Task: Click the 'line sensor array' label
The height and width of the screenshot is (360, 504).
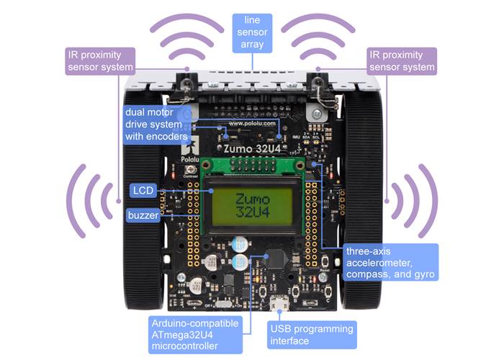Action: [252, 34]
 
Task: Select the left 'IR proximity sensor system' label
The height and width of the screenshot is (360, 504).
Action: [101, 60]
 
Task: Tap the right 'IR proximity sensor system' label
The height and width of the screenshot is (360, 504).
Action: [402, 60]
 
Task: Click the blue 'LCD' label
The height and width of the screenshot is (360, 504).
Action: [140, 191]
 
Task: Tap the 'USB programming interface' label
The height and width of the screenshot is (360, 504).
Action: [312, 335]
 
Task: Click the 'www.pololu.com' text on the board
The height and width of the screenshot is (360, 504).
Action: [251, 124]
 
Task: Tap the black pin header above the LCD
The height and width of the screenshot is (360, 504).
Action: [251, 166]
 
